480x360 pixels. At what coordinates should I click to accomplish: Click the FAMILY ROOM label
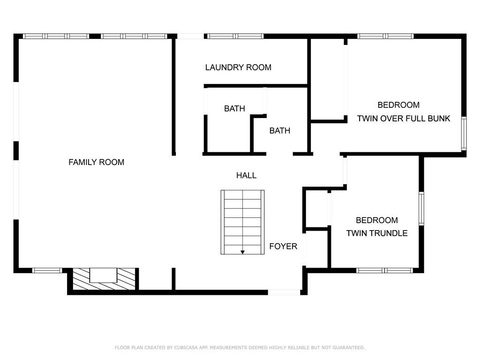tap(97, 162)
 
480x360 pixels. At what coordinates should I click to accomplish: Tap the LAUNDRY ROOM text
tap(238, 67)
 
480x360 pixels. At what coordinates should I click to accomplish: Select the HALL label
tap(246, 175)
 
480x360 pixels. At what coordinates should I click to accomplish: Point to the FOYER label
tap(283, 246)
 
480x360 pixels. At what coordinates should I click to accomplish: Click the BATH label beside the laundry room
tap(234, 108)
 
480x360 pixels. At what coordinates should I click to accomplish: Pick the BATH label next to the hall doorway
tap(280, 131)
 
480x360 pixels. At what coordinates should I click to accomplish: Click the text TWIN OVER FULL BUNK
tap(404, 119)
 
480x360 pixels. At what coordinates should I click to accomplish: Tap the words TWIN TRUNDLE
tap(377, 233)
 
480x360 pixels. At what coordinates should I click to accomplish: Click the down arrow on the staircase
tap(242, 252)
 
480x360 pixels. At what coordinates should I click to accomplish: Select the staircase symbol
tap(242, 222)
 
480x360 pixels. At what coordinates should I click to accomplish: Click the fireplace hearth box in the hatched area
tap(103, 275)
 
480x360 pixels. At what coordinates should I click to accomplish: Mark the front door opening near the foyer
tap(284, 292)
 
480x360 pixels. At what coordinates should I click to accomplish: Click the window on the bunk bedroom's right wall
tap(464, 134)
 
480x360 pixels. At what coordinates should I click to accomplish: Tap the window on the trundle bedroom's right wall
tap(421, 209)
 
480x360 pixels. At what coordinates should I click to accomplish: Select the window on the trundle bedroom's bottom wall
tap(384, 270)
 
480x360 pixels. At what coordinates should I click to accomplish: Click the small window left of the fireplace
tap(47, 270)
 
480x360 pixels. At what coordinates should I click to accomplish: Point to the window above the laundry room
tap(235, 36)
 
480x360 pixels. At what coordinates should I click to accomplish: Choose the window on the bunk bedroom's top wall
tap(385, 36)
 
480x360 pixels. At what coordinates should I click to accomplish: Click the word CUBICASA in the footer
tap(187, 347)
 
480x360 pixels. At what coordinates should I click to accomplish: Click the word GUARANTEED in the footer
tap(349, 347)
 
